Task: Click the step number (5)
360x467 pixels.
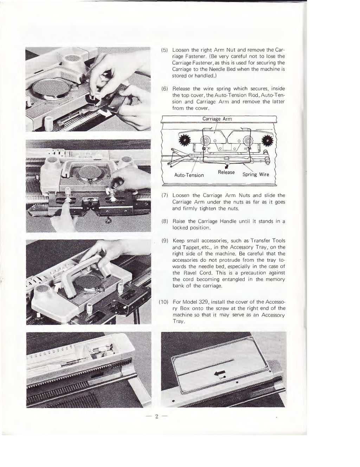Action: point(163,50)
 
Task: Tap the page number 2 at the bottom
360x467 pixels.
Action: point(157,417)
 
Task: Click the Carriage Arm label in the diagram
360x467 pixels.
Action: point(217,119)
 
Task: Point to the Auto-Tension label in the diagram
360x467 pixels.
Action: point(189,175)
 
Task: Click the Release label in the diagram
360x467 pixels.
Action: point(226,172)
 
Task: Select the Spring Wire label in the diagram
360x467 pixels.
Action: point(256,175)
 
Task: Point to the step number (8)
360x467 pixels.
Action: point(163,221)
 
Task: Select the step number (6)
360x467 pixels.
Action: point(163,89)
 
